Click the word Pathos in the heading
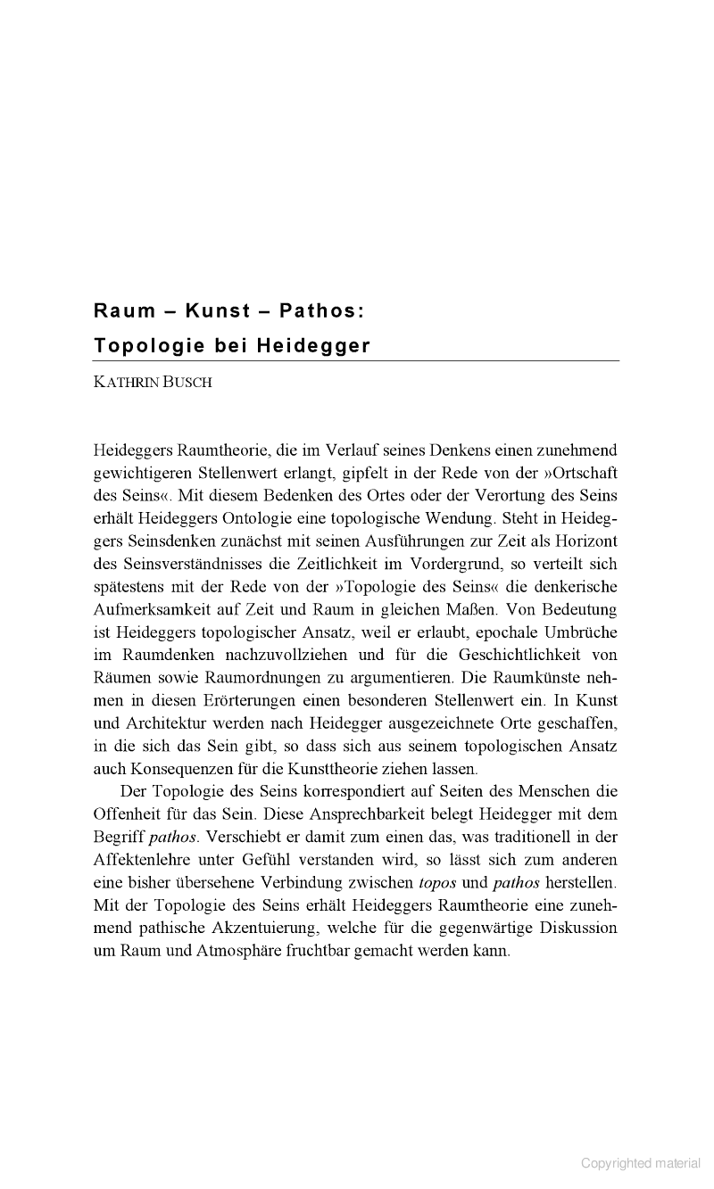[x=318, y=311]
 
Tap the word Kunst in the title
[x=218, y=311]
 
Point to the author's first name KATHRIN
[x=125, y=384]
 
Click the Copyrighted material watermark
[x=641, y=1163]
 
